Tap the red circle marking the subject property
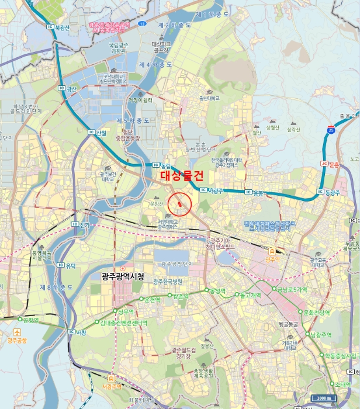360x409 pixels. [x=180, y=204]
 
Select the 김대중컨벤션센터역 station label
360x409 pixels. [x=123, y=322]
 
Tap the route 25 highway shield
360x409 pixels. [x=331, y=130]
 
